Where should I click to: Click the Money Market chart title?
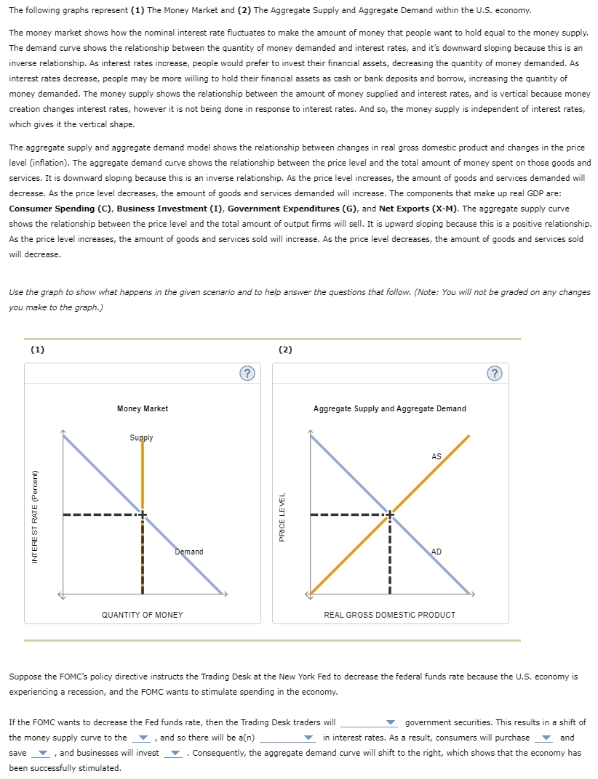click(142, 408)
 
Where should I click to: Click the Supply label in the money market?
click(141, 437)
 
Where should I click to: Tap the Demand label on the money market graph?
click(189, 552)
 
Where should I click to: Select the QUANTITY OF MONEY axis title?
click(142, 615)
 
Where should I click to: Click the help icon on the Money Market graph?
click(247, 374)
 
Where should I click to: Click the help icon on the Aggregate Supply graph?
click(496, 374)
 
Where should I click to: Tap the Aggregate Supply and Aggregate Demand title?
click(389, 408)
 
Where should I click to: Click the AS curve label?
click(436, 456)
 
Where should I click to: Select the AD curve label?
click(436, 552)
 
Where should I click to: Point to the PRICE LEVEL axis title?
click(282, 515)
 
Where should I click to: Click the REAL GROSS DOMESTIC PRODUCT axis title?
click(389, 615)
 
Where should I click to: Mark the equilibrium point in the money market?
click(143, 514)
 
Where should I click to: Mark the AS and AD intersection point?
click(390, 514)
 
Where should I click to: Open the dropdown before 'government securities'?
click(370, 723)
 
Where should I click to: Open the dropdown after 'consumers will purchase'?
click(543, 738)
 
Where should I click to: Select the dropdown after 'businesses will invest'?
click(173, 753)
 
